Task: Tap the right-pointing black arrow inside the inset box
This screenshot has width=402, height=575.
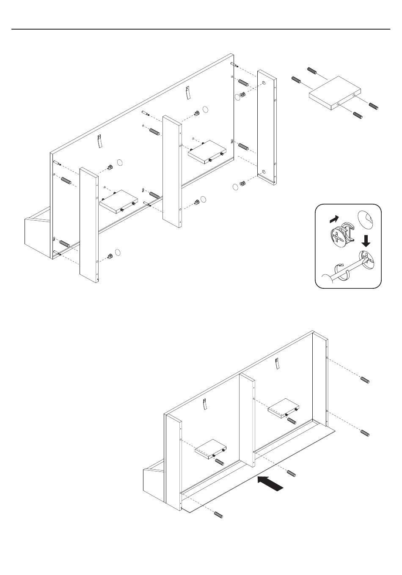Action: click(334, 219)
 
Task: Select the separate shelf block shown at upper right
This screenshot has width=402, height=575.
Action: click(336, 93)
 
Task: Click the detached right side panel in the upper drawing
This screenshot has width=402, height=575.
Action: click(267, 131)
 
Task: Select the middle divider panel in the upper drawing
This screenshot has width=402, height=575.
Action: click(173, 169)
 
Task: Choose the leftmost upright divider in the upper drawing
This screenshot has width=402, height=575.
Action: click(89, 224)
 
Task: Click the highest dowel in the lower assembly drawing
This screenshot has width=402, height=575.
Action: click(365, 380)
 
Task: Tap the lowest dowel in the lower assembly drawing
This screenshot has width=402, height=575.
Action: click(219, 515)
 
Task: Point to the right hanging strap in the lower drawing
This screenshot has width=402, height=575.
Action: click(278, 364)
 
